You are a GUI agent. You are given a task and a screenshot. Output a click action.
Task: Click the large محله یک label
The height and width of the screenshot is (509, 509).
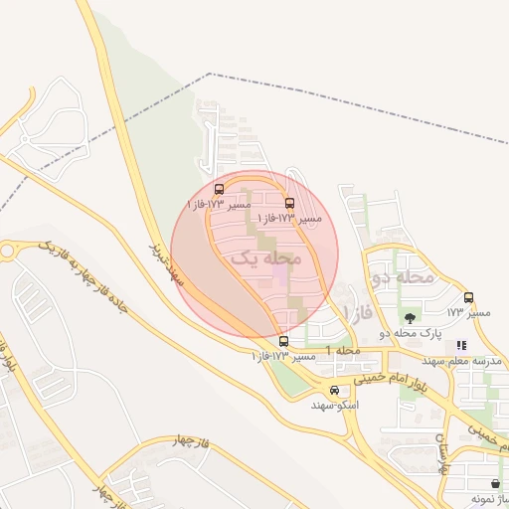(264, 257)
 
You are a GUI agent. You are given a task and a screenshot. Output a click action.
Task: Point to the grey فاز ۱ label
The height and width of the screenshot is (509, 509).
(358, 313)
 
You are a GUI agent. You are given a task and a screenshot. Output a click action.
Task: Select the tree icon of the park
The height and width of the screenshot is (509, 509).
(410, 318)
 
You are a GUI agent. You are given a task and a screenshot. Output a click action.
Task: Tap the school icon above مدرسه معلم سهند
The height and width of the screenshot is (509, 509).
(461, 345)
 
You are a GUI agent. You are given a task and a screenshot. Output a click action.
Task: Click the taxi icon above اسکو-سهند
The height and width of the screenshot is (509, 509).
(335, 391)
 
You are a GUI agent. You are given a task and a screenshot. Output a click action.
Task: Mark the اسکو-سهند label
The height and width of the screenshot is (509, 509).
(335, 406)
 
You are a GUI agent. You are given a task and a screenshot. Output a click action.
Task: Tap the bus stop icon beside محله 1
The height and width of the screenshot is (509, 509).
(284, 342)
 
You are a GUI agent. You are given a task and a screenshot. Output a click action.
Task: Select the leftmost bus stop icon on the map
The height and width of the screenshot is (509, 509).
(219, 189)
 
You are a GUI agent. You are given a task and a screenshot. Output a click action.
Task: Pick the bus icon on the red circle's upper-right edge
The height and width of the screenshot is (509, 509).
(290, 203)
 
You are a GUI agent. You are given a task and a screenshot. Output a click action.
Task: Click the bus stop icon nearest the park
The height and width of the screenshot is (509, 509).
(469, 297)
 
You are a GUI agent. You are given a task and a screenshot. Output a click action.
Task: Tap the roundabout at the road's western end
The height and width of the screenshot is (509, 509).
(9, 251)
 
